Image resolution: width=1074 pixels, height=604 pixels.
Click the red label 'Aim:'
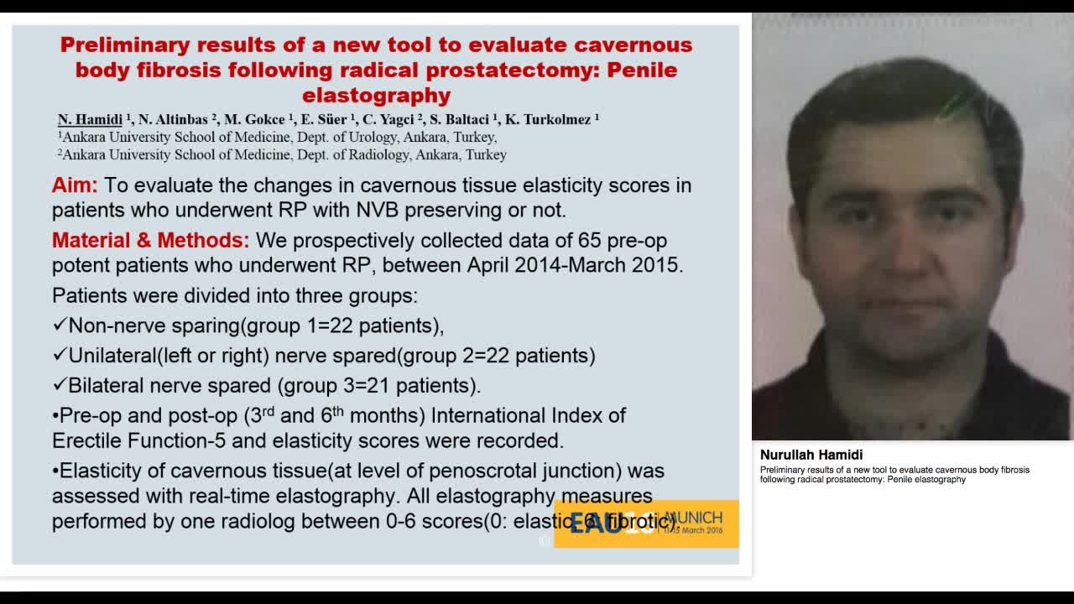point(75,185)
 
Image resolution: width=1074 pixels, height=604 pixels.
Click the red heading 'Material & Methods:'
point(150,241)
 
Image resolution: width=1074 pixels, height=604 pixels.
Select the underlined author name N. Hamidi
point(90,119)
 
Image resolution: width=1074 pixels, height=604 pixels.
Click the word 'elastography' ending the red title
point(376,95)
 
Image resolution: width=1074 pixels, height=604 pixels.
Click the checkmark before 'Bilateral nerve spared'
point(59,385)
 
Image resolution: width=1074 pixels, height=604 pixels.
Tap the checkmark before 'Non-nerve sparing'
point(59,325)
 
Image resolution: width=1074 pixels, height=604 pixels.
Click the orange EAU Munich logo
point(646,523)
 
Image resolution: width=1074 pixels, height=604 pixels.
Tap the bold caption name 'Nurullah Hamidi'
point(811,455)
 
